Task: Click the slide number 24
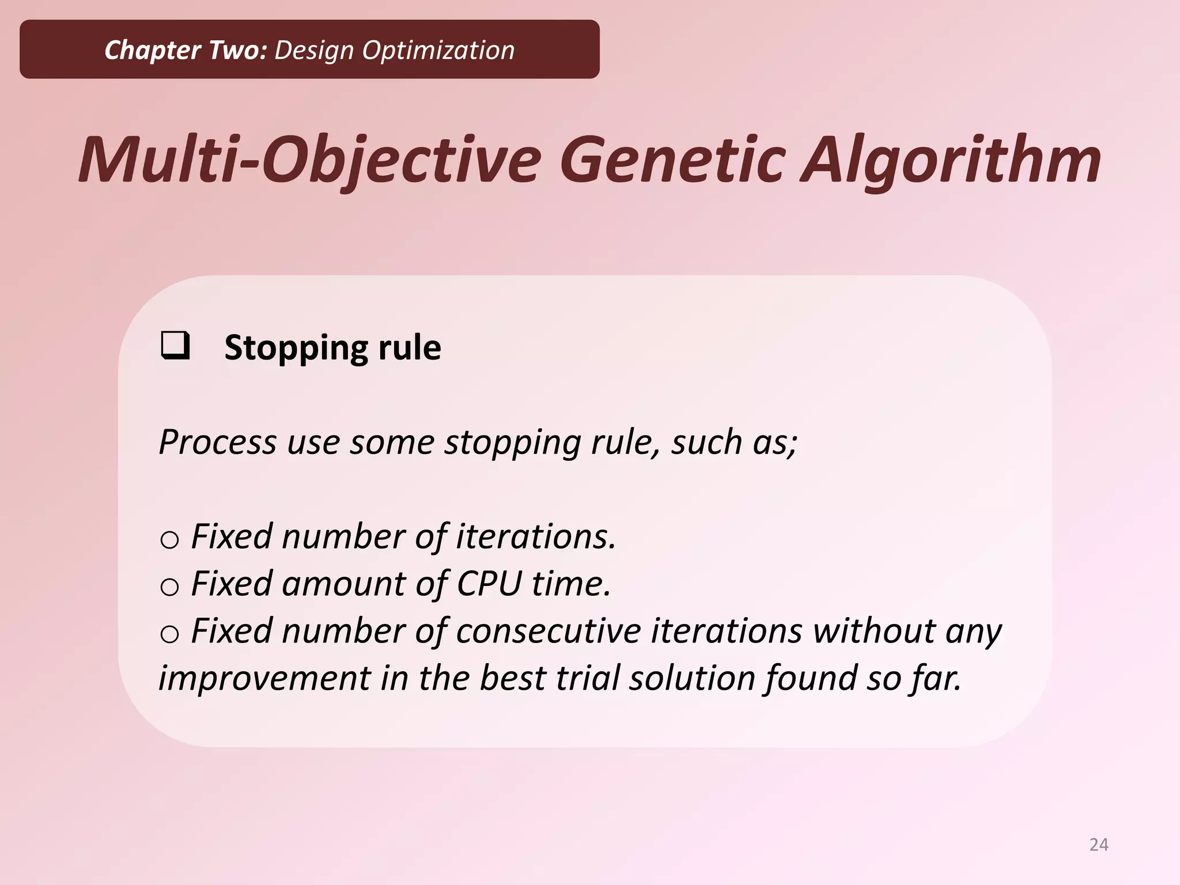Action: [1099, 845]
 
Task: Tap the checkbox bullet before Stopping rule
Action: [175, 346]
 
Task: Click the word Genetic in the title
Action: [672, 160]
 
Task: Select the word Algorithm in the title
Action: [951, 160]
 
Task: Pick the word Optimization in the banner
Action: [438, 50]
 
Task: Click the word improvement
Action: [264, 678]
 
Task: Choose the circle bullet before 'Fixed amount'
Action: [169, 587]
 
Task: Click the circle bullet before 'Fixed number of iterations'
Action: [169, 540]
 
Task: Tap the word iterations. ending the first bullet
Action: [536, 536]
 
